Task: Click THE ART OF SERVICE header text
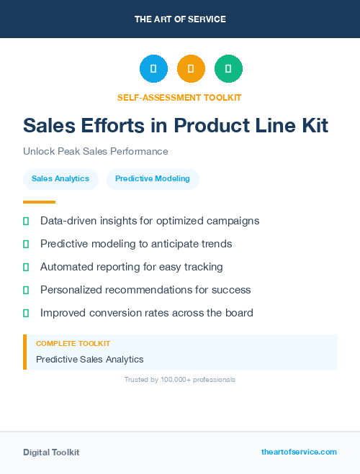click(x=180, y=19)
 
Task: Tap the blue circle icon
click(x=153, y=69)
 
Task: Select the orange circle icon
click(x=191, y=69)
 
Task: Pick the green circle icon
click(x=228, y=69)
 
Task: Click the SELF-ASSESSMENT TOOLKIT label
click(x=179, y=97)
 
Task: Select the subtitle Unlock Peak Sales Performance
click(x=95, y=152)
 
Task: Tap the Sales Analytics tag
click(x=60, y=179)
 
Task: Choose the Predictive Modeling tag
click(x=153, y=179)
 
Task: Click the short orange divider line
click(x=39, y=202)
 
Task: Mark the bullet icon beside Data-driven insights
click(x=26, y=221)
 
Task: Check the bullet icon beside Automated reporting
click(x=26, y=267)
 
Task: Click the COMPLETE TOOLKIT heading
click(x=73, y=344)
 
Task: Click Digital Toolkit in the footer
click(x=51, y=452)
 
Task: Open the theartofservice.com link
click(x=299, y=452)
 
